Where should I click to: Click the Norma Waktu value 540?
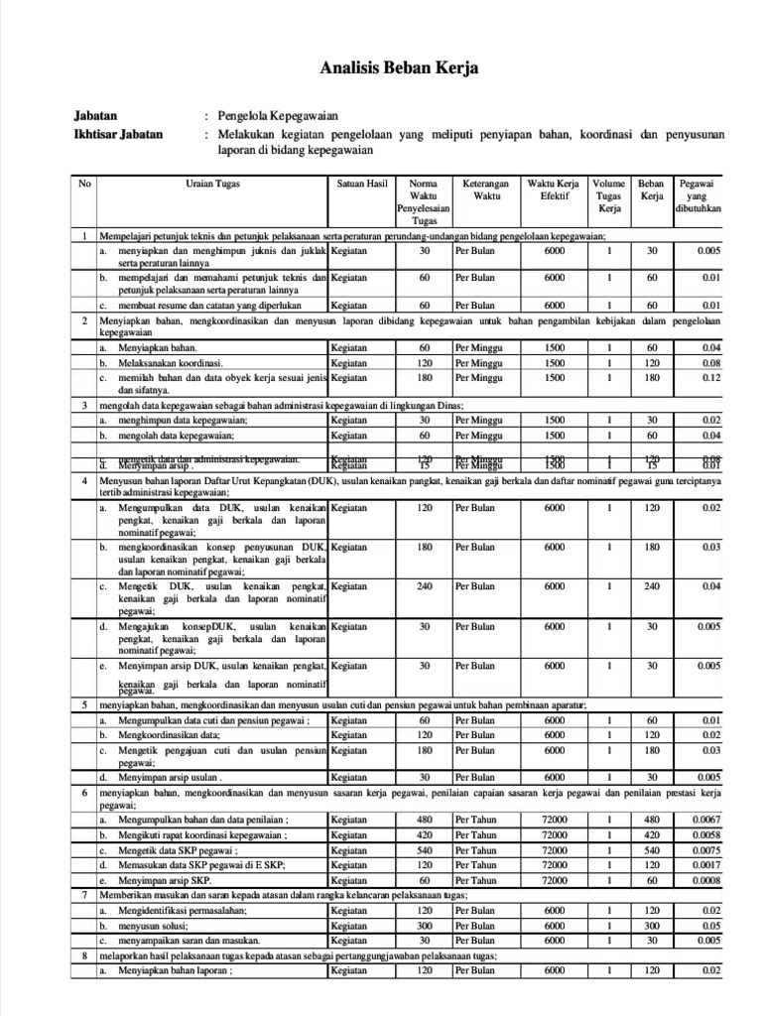click(x=424, y=850)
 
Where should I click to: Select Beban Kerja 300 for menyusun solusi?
click(x=652, y=925)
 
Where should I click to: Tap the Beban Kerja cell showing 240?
click(x=652, y=586)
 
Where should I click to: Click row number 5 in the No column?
click(x=85, y=704)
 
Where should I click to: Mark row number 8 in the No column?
click(x=85, y=955)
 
